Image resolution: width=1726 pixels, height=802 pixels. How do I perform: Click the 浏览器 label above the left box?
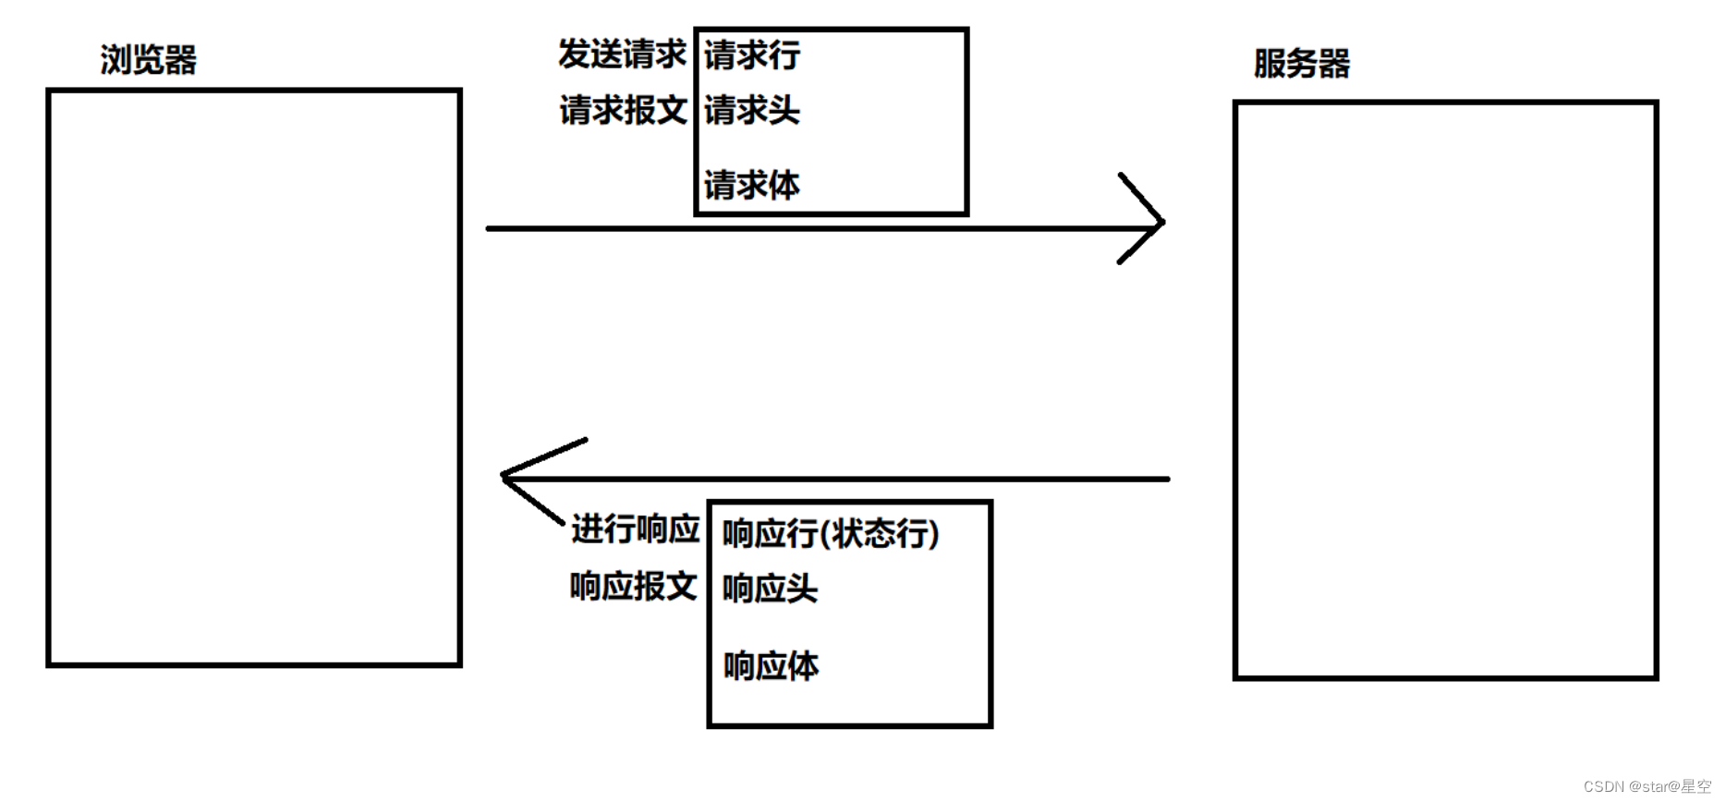pos(148,60)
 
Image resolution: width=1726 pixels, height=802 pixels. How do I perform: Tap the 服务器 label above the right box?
pos(1301,64)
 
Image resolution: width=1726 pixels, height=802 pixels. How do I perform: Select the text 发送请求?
pos(622,55)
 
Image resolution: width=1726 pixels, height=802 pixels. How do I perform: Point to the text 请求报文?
pos(623,111)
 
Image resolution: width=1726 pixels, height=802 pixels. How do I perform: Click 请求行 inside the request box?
pos(752,55)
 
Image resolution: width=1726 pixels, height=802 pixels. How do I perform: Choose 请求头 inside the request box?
pos(752,111)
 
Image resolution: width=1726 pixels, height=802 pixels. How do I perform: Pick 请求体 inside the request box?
pos(752,186)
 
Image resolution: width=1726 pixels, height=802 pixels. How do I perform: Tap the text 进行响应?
pos(635,529)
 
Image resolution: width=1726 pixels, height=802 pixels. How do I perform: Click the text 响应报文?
pos(633,587)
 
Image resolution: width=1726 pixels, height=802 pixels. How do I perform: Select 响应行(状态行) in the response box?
pos(830,534)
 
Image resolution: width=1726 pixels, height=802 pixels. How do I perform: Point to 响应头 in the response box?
pos(770,589)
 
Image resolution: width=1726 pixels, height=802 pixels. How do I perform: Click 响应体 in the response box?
pos(771,666)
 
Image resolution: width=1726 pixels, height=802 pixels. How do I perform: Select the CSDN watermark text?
pos(1647,786)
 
